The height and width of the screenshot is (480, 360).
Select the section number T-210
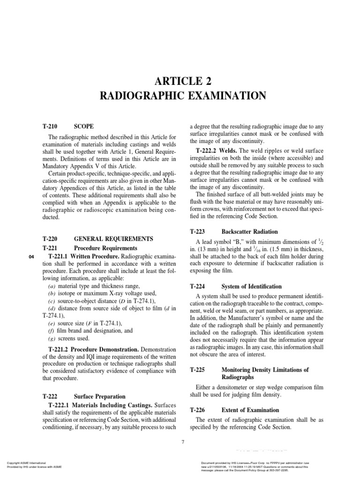point(50,127)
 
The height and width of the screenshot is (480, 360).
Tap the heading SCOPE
point(84,127)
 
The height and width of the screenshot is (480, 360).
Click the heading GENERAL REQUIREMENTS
point(113,239)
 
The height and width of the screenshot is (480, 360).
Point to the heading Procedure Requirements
point(106,248)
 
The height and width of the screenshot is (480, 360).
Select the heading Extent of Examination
point(250,410)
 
